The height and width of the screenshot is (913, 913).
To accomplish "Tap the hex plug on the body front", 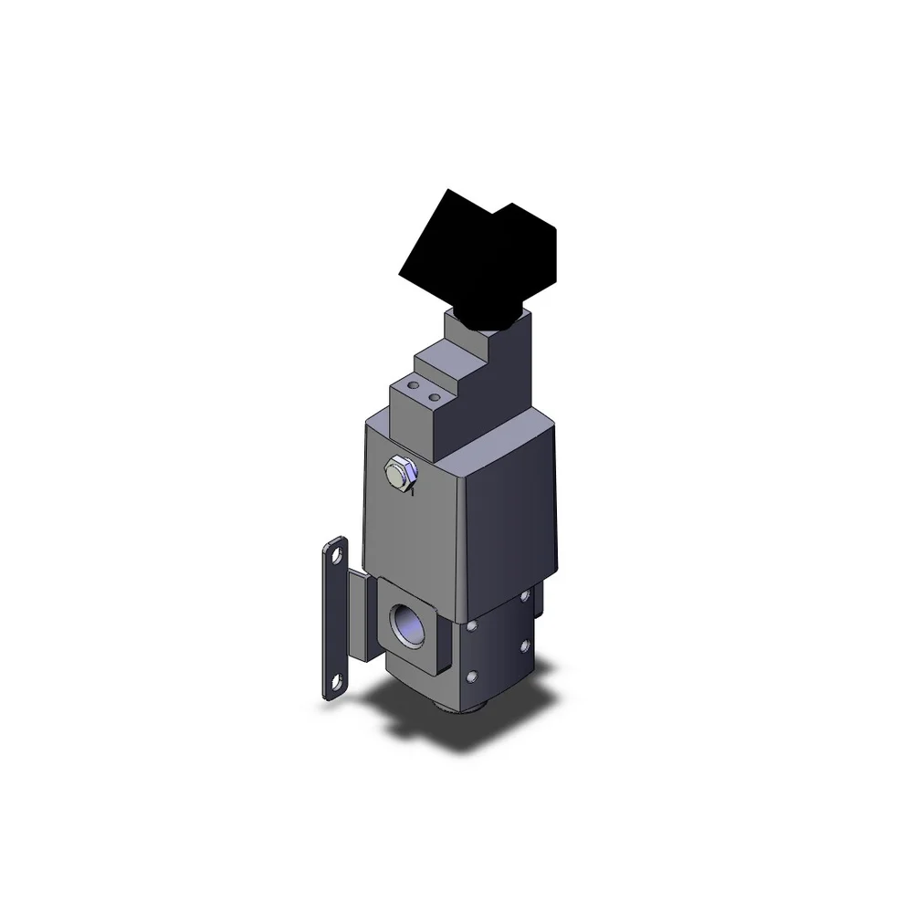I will tap(399, 472).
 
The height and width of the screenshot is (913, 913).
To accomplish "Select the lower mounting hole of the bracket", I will tap(339, 680).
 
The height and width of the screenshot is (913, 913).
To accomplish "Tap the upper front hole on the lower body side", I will tap(473, 629).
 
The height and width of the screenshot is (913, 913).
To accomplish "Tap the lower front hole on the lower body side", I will tap(473, 676).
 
